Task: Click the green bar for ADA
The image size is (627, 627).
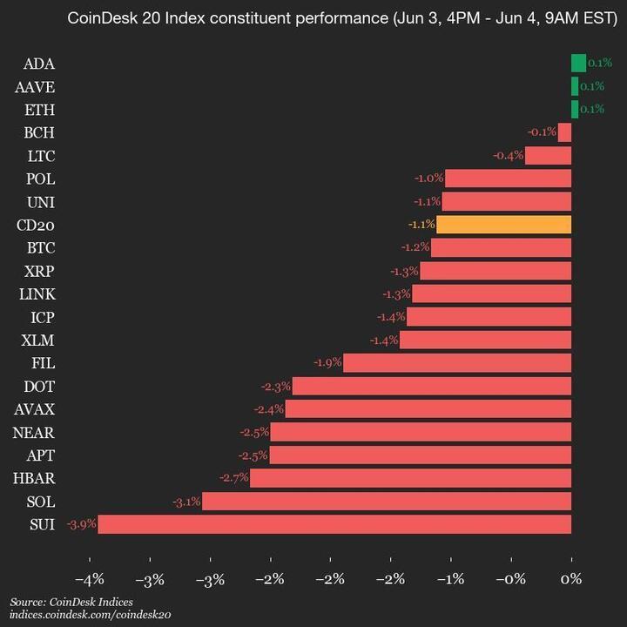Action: coord(578,63)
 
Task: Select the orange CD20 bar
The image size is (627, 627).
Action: coord(503,225)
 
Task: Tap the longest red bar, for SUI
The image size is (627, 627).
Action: coord(334,524)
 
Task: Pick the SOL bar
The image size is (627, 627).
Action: coord(387,501)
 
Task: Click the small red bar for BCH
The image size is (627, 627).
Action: coord(564,132)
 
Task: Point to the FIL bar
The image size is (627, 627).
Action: coord(457,362)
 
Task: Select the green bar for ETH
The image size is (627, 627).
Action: coord(575,109)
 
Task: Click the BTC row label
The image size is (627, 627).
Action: coord(41,247)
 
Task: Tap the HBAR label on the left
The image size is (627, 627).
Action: coord(35,477)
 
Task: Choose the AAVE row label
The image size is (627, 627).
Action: coord(35,86)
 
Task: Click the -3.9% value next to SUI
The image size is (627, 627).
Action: coord(81,524)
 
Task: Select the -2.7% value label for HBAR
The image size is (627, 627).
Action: coord(233,478)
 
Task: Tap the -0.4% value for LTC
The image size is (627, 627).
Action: coord(509,156)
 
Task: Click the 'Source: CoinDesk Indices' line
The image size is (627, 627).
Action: coord(71,602)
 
